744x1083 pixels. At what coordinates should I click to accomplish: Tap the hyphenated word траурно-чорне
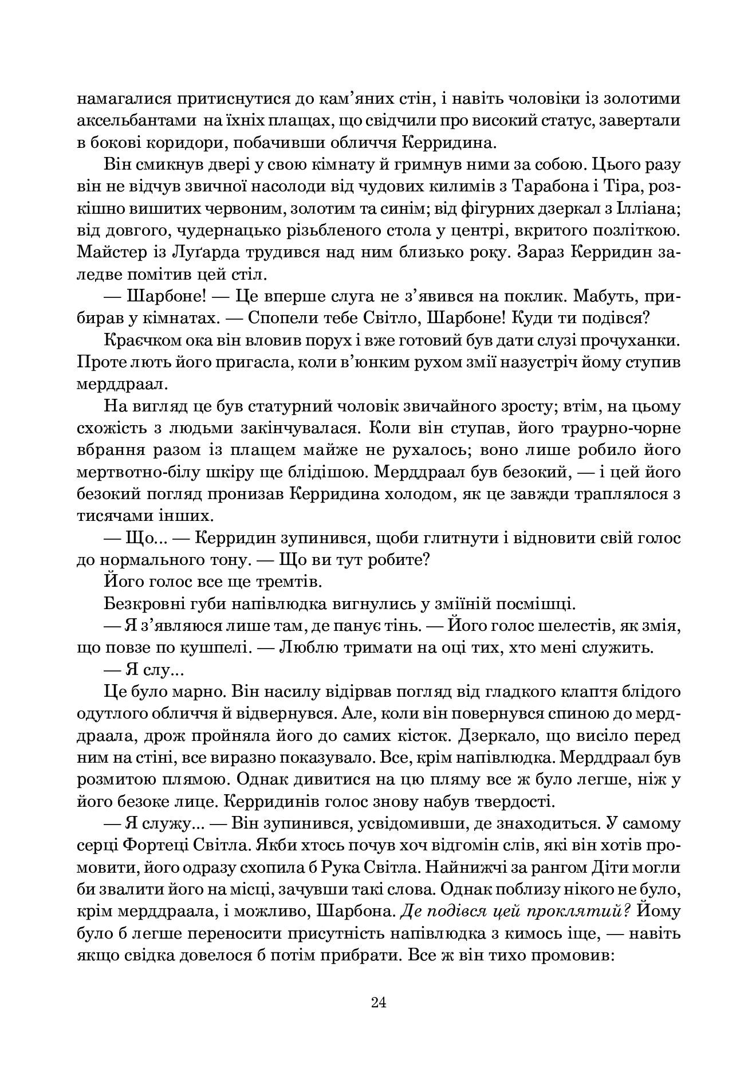pos(619,428)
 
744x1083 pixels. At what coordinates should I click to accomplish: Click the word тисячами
pos(112,516)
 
